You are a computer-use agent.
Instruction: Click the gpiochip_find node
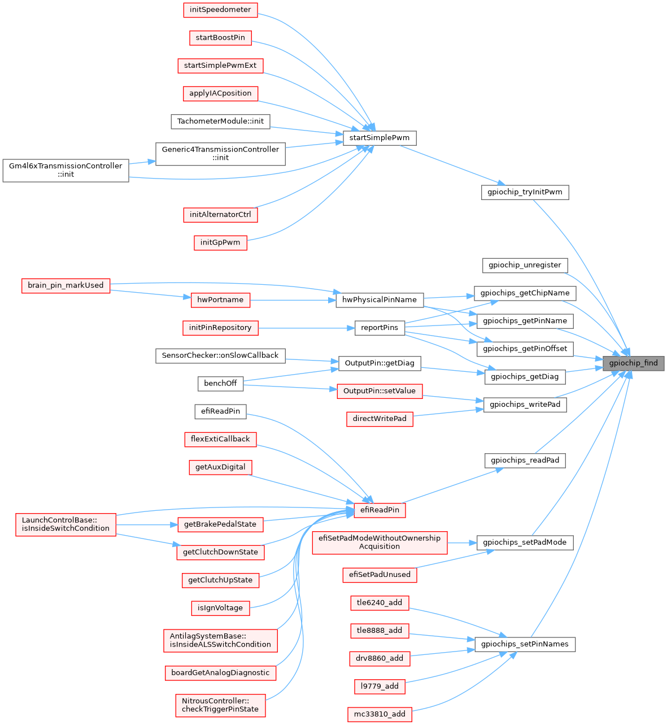tap(633, 363)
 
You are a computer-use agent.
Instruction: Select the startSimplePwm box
tap(380, 138)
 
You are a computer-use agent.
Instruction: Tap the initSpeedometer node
tap(220, 10)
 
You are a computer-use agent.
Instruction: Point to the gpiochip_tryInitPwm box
tap(525, 192)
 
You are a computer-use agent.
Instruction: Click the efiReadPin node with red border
tap(380, 510)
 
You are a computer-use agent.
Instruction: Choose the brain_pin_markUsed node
tap(66, 285)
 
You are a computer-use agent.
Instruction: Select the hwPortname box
tap(220, 300)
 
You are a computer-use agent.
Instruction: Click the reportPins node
tap(380, 328)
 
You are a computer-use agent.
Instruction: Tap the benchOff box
tap(220, 384)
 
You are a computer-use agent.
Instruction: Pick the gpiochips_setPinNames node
tap(525, 644)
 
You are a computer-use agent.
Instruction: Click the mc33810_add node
tap(380, 714)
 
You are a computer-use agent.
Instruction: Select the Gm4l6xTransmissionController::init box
tap(66, 170)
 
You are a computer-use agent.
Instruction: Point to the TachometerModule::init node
tap(220, 121)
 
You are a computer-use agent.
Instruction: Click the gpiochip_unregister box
tap(525, 265)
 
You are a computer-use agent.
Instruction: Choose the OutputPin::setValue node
tap(380, 391)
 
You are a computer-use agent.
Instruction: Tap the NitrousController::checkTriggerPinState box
tap(220, 705)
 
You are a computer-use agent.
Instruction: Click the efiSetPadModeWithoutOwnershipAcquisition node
tap(380, 542)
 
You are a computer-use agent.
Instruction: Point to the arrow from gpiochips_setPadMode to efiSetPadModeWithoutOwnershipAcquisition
tap(462, 543)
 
